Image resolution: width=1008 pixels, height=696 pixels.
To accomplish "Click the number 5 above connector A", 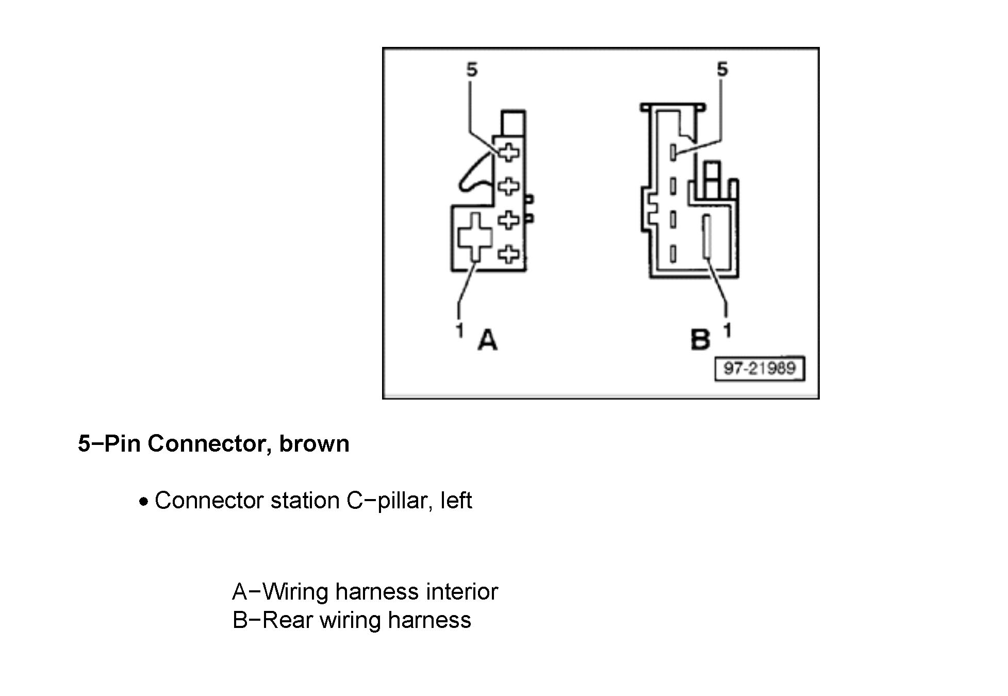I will click(x=472, y=70).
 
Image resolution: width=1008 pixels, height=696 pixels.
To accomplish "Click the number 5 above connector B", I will click(x=722, y=70).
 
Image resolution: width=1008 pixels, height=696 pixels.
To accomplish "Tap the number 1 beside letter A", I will click(x=459, y=330).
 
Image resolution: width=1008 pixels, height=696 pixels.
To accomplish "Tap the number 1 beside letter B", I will click(x=728, y=330).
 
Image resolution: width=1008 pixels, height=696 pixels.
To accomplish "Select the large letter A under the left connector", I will click(x=487, y=340).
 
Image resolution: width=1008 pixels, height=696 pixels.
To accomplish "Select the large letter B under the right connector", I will click(x=700, y=340).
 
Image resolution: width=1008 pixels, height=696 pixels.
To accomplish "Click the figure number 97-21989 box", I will click(x=759, y=369).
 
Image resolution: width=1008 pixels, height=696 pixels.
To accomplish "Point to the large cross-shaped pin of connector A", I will click(x=475, y=237).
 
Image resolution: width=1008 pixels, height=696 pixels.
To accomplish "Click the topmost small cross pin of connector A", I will click(x=509, y=152).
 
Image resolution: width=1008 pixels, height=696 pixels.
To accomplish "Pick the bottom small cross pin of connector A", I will click(x=509, y=254).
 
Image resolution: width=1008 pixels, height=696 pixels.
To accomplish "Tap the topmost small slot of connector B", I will click(x=673, y=152).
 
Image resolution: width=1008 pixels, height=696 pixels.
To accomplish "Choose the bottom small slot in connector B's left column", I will click(x=673, y=254).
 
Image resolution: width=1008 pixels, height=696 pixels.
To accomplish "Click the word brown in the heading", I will click(x=314, y=443).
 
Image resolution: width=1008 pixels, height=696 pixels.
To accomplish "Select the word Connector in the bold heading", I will click(x=206, y=443).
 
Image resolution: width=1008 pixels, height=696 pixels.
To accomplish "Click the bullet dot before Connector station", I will click(x=144, y=502).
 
